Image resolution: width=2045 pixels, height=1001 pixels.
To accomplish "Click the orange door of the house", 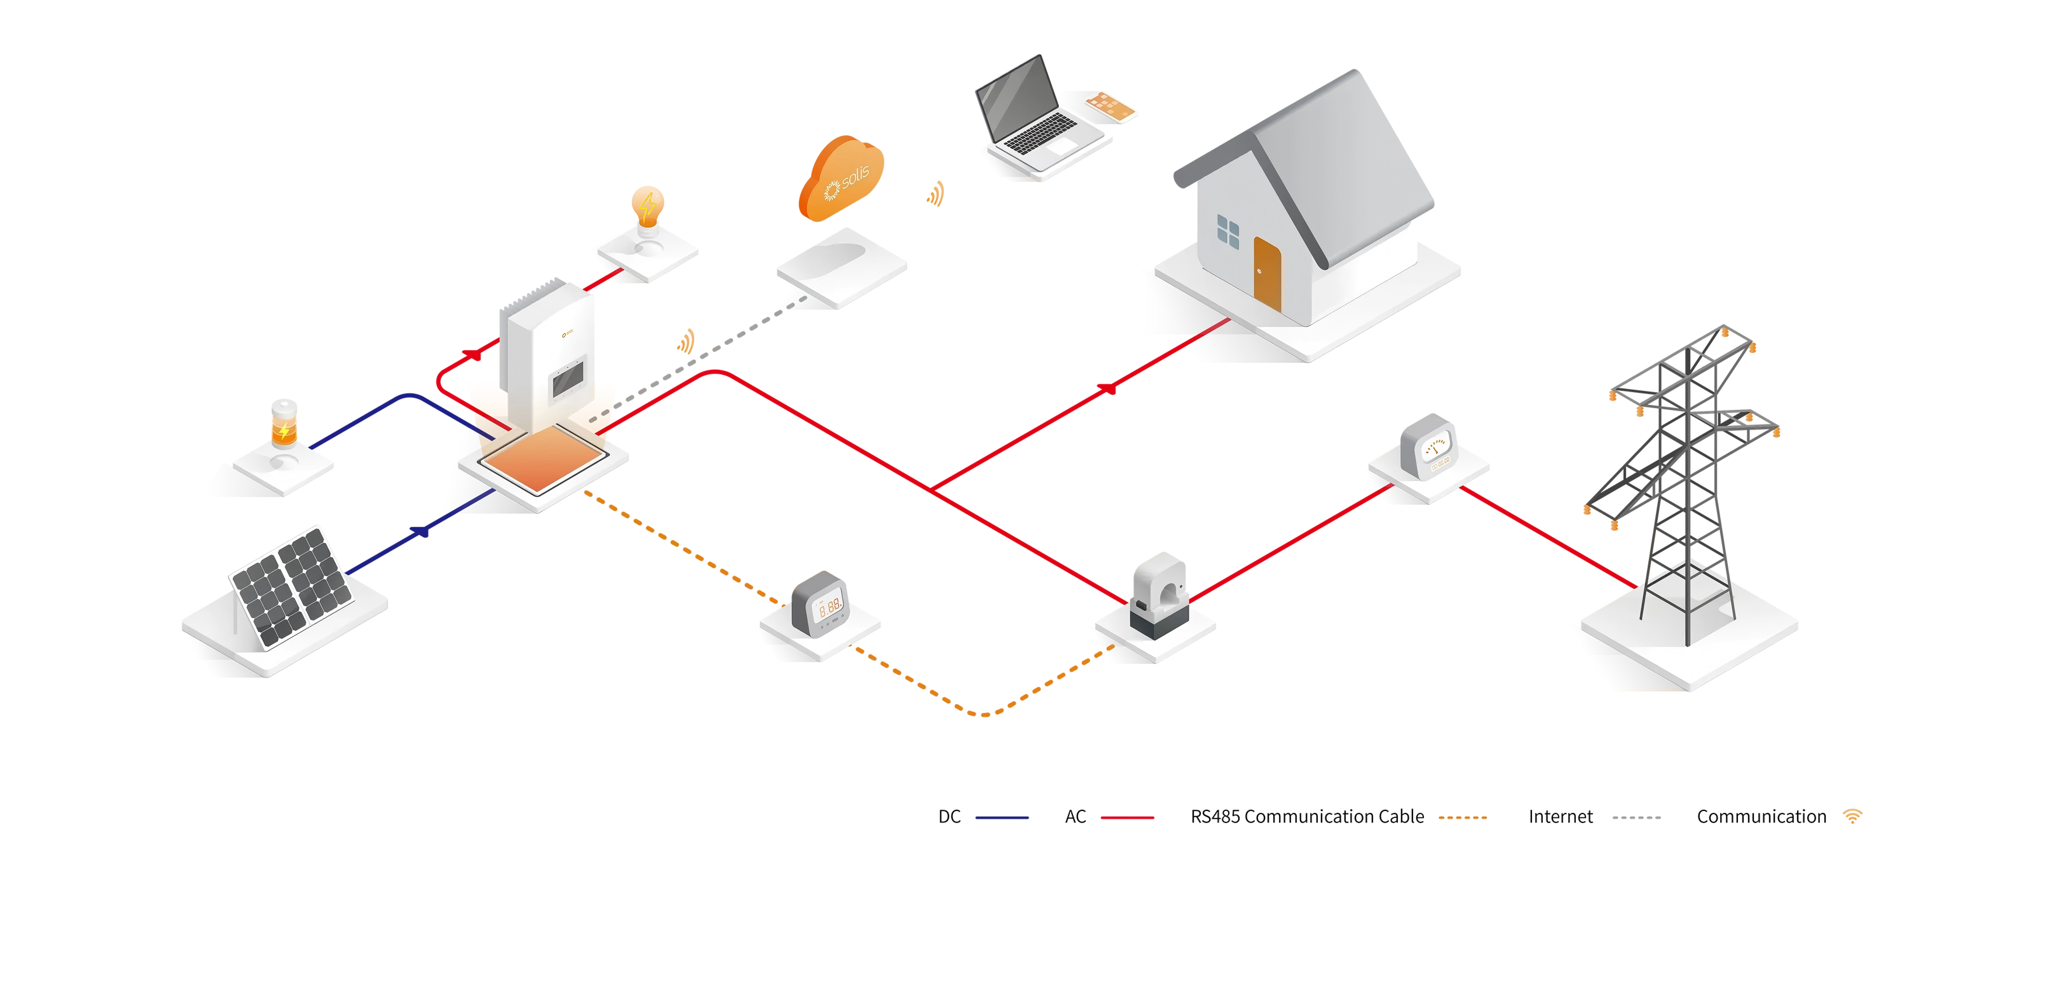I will [x=1267, y=274].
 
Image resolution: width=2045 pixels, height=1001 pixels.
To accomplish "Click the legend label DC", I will [x=949, y=817].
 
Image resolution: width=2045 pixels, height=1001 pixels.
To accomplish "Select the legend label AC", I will [x=1075, y=817].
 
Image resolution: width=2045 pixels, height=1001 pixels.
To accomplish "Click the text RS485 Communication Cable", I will [x=1307, y=817].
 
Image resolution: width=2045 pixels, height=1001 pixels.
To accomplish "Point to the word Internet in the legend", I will [x=1560, y=817].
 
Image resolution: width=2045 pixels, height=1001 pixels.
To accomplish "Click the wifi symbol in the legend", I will [x=1852, y=816].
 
